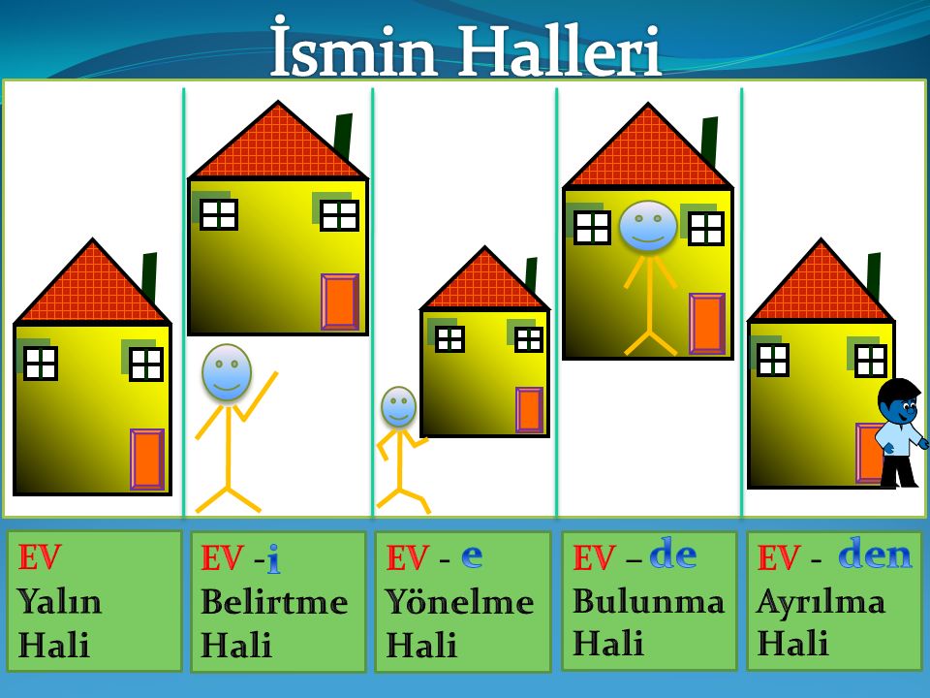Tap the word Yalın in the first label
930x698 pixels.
tap(59, 602)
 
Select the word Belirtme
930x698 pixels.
tap(274, 602)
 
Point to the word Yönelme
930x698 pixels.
tap(459, 602)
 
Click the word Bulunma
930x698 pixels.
tap(648, 601)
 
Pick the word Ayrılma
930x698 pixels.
tap(821, 601)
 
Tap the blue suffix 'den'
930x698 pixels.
tap(875, 555)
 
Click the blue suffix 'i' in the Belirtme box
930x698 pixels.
tap(273, 557)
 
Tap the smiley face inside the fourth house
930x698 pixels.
tap(648, 227)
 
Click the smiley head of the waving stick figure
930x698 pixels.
tap(227, 372)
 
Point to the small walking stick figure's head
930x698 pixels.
tap(398, 407)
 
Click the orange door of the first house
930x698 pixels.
tap(147, 460)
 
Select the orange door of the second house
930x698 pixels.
tap(340, 302)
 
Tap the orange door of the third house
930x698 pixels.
tap(529, 410)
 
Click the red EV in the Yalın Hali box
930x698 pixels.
tap(40, 558)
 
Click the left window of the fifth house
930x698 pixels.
tap(772, 360)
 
